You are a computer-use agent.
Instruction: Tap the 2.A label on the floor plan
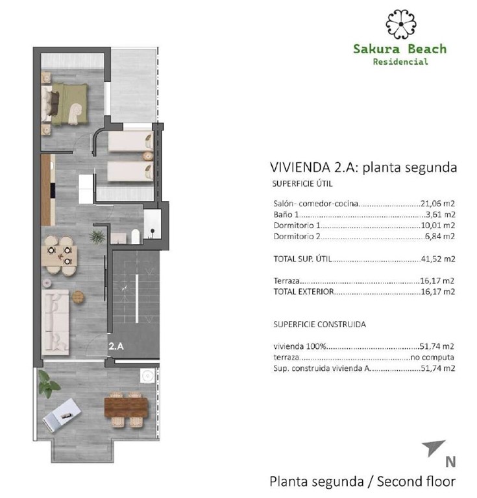(117, 346)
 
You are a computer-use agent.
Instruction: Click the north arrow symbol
(434, 447)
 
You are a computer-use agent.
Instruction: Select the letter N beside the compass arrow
(449, 462)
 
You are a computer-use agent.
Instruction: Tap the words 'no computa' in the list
(432, 357)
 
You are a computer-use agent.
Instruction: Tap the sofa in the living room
(57, 321)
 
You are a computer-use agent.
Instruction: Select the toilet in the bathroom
(134, 236)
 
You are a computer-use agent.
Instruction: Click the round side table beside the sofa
(79, 296)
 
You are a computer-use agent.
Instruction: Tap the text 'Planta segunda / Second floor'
(362, 482)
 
